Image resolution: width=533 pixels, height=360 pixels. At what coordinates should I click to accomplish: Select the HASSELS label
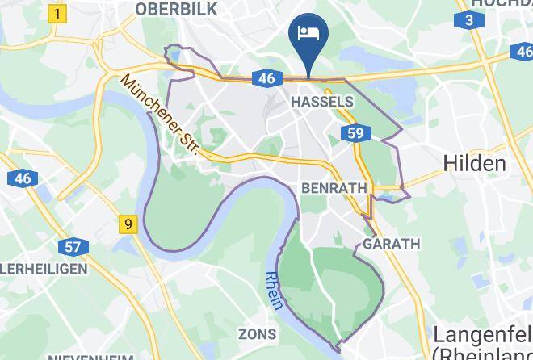tap(321, 103)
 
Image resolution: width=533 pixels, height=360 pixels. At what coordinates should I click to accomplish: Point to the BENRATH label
tap(334, 188)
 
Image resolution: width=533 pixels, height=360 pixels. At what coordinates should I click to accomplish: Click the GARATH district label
tap(392, 244)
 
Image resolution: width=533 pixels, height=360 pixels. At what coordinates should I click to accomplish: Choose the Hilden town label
tap(475, 163)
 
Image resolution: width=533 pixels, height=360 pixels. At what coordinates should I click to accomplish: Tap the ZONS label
tap(257, 333)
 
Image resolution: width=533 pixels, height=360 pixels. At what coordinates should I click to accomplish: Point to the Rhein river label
tap(274, 290)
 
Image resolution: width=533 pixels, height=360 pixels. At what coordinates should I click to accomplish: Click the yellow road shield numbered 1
tap(57, 14)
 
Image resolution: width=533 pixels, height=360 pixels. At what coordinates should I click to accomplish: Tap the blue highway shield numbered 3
tap(468, 20)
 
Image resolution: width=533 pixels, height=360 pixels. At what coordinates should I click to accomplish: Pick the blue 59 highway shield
tap(356, 133)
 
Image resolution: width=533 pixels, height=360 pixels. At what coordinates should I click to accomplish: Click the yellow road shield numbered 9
tap(127, 224)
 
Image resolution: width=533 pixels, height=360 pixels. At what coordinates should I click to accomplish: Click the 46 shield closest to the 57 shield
tap(22, 178)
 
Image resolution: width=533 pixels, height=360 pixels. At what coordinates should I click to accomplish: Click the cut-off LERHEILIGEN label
tap(32, 268)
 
